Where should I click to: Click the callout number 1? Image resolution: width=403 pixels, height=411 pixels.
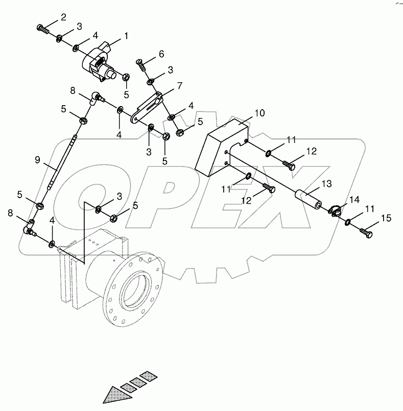(x=125, y=37)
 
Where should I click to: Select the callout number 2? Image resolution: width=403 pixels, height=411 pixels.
(x=63, y=17)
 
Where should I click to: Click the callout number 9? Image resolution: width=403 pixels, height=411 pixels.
(x=37, y=160)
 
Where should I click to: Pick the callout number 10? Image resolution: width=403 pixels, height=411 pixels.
(x=259, y=113)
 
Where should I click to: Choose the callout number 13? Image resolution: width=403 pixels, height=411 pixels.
(x=326, y=182)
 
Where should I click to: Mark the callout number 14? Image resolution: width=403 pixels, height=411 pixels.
(x=354, y=200)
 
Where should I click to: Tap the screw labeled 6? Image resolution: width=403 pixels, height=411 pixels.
(x=141, y=64)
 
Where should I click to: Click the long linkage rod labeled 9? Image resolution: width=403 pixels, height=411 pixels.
(x=61, y=161)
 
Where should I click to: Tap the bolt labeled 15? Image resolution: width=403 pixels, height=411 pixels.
(x=367, y=233)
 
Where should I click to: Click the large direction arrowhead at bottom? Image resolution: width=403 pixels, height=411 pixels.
(x=114, y=395)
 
